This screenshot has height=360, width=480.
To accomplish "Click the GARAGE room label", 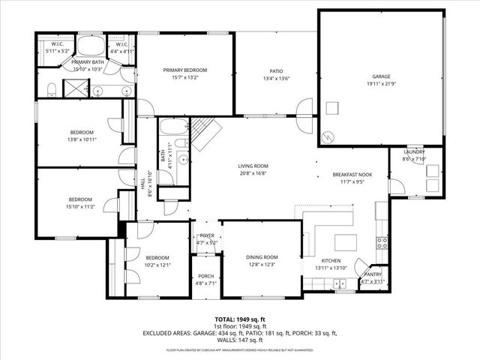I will [381, 76].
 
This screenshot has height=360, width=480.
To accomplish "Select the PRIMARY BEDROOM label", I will [185, 70].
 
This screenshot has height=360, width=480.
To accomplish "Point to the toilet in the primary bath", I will [50, 91].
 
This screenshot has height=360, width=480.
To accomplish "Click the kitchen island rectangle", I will [346, 242].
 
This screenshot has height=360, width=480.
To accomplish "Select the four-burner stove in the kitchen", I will [381, 242].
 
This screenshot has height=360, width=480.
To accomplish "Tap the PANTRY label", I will [373, 274].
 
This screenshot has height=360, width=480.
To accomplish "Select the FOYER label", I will [206, 235].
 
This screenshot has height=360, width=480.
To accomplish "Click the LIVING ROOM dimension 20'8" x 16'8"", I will [253, 173].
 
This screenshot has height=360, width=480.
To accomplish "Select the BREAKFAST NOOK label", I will [352, 175].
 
